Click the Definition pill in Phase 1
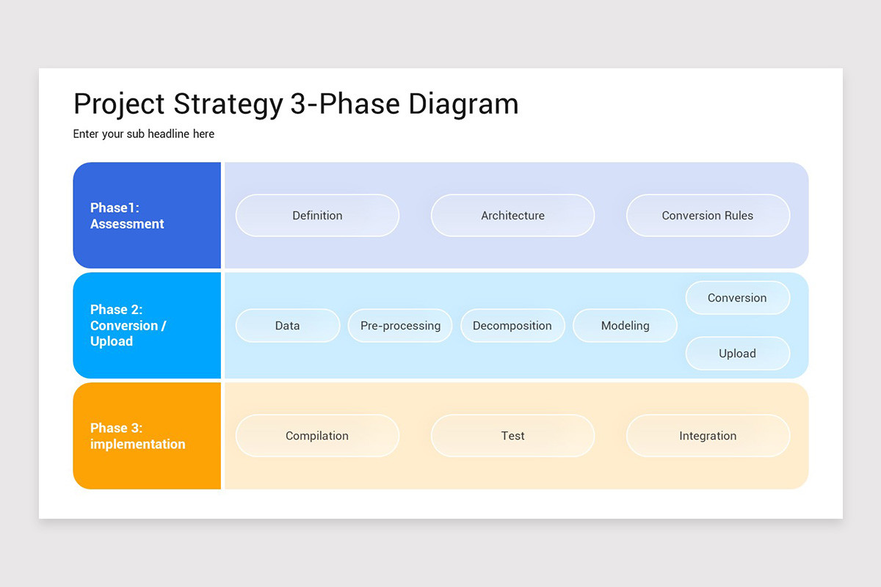click(x=317, y=216)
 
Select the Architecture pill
click(x=512, y=216)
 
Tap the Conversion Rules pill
click(x=708, y=216)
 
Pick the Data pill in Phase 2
click(x=287, y=326)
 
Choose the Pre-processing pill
click(x=400, y=326)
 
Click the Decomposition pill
click(x=512, y=326)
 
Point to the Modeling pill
click(x=625, y=326)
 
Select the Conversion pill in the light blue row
click(x=737, y=298)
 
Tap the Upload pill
click(x=737, y=354)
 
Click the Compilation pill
click(x=317, y=436)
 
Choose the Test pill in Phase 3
click(x=512, y=436)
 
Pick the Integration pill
click(x=708, y=436)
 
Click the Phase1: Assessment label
click(x=127, y=216)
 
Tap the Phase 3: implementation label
click(x=137, y=436)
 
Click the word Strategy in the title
click(x=228, y=104)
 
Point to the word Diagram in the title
click(x=463, y=104)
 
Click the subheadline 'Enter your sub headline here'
click(x=144, y=134)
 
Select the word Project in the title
click(x=119, y=104)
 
